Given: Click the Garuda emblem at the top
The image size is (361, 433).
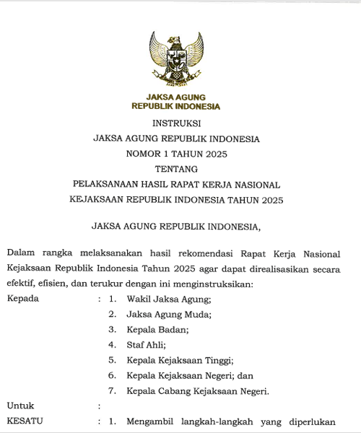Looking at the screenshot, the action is point(176,58).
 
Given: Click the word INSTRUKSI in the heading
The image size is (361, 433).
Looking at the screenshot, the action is point(176,123).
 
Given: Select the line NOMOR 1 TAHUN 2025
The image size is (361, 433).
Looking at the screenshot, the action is point(176,154).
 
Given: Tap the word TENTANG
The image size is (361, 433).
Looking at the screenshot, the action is point(176,169).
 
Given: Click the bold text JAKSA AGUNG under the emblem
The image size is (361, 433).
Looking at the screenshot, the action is point(176,97).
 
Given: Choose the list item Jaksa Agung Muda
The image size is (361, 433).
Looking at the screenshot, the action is point(168,314).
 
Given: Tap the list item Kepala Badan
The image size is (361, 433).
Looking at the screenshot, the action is point(157,329).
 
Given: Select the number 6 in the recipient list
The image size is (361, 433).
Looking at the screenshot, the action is point(112,376).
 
